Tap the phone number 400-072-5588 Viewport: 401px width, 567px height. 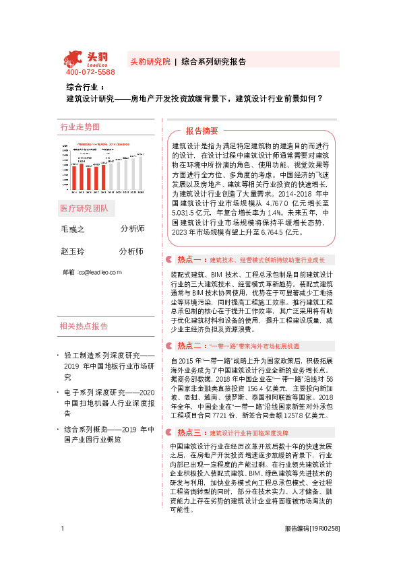90,72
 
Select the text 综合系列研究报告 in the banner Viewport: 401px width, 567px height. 214,60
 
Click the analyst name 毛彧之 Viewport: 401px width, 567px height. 73,230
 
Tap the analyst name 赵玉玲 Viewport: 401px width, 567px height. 73,251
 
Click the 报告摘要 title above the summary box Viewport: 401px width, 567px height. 202,131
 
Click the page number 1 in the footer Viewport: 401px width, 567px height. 62,547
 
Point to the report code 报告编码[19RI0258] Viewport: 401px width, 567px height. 311,547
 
